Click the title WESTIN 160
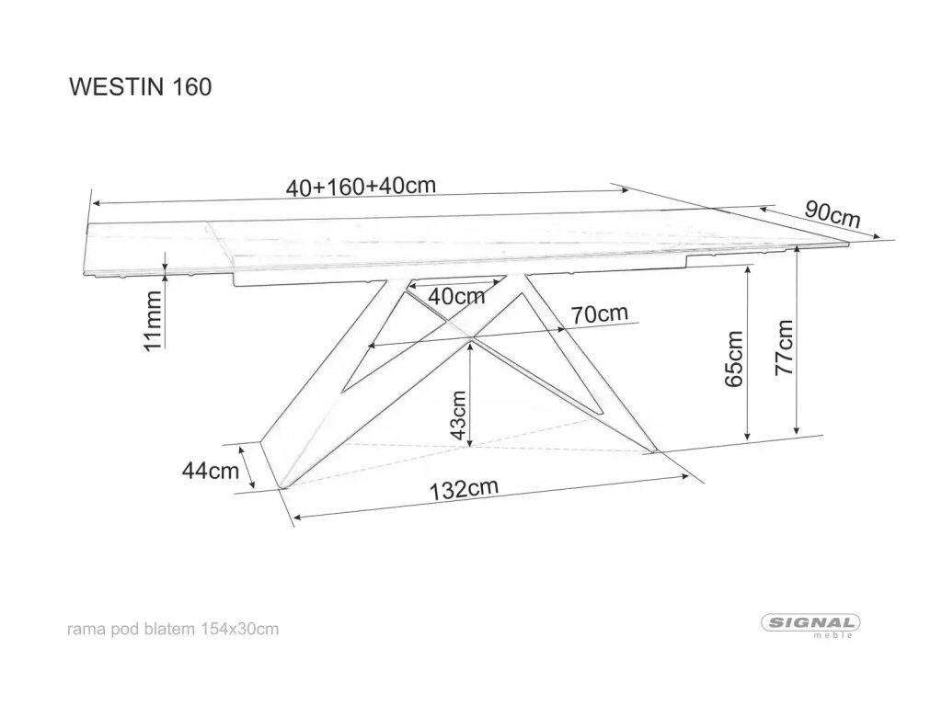(x=141, y=85)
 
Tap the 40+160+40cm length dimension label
(x=360, y=186)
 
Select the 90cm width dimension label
(x=833, y=213)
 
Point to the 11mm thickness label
(x=155, y=319)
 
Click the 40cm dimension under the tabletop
(x=457, y=296)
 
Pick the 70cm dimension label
(x=599, y=313)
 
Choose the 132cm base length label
(x=465, y=488)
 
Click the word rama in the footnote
(x=84, y=629)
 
